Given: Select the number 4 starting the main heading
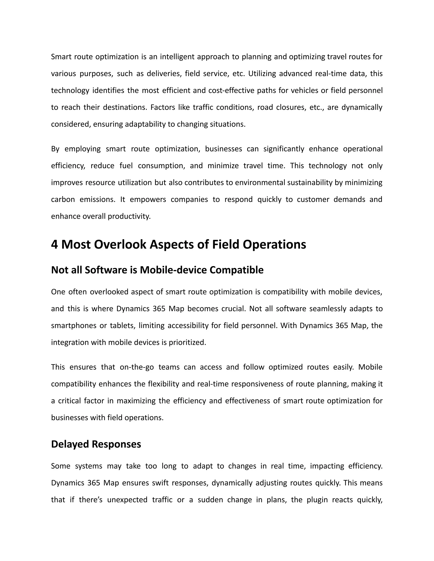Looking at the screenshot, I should click(54, 244).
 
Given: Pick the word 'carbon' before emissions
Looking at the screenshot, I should click(63, 200).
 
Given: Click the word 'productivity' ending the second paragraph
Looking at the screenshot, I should click(129, 217).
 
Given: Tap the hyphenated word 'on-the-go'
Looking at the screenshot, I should click(137, 367).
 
